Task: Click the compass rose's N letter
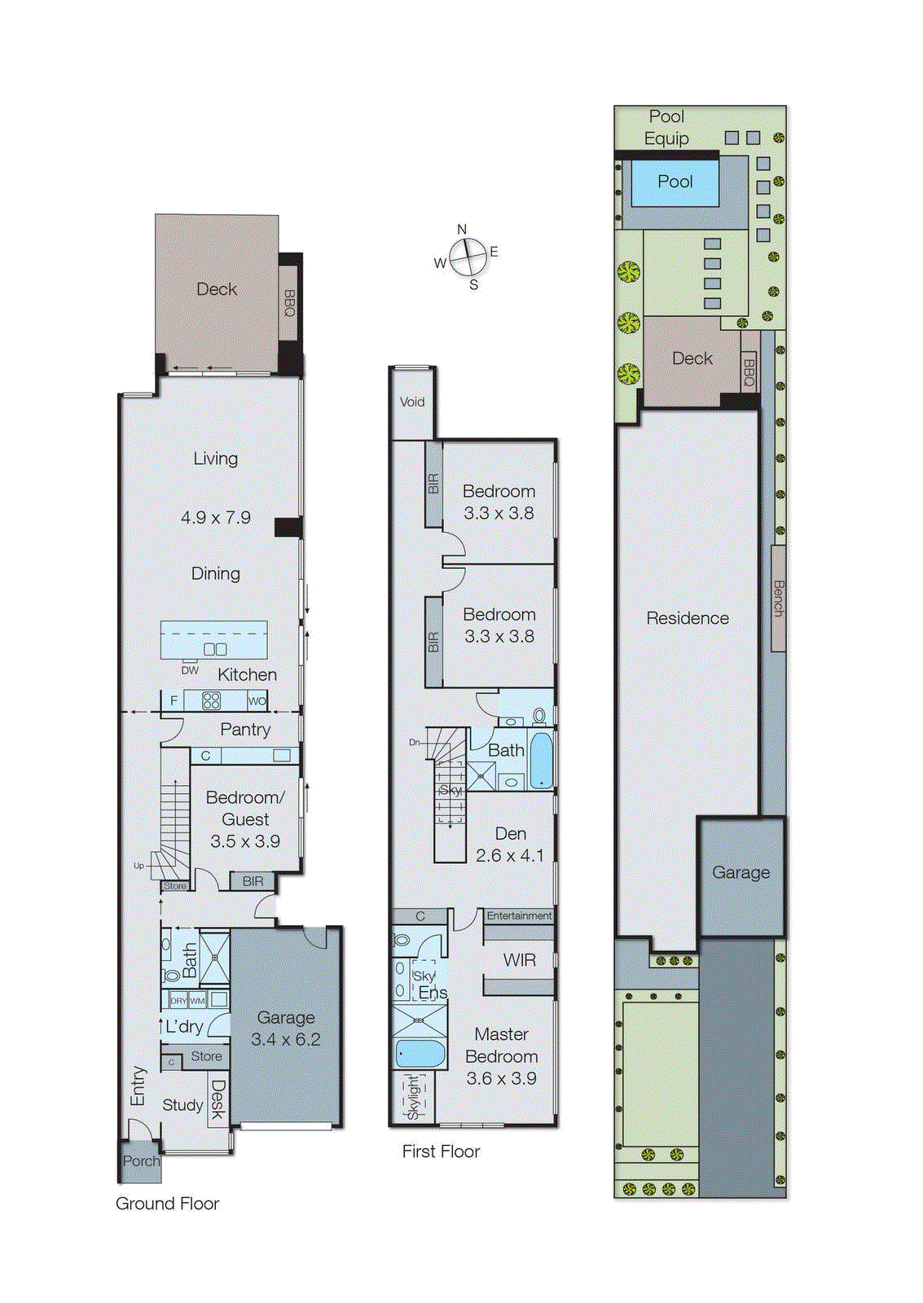click(462, 230)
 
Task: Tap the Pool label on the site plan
click(675, 182)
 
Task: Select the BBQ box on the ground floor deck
click(289, 303)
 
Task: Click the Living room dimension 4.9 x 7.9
click(216, 517)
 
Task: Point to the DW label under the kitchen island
click(190, 670)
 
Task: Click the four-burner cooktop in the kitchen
click(211, 700)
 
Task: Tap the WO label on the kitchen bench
click(257, 700)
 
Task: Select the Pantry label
click(245, 730)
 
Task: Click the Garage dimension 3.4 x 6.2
click(285, 1039)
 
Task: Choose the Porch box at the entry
click(140, 1161)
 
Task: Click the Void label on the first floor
click(412, 401)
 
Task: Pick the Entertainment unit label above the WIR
click(519, 915)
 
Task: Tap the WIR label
click(519, 960)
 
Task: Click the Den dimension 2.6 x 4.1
click(509, 855)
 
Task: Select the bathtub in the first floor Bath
click(541, 761)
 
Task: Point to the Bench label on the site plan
click(778, 598)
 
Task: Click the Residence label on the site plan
click(688, 618)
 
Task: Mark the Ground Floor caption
click(167, 1204)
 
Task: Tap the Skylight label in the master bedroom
click(413, 1096)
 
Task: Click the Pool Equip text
click(666, 127)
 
